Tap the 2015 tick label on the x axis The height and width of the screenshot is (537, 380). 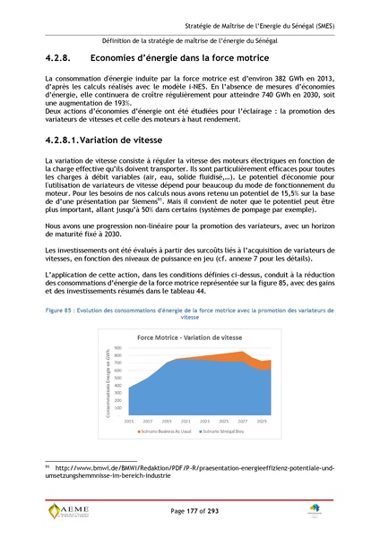pyautogui.click(x=128, y=420)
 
